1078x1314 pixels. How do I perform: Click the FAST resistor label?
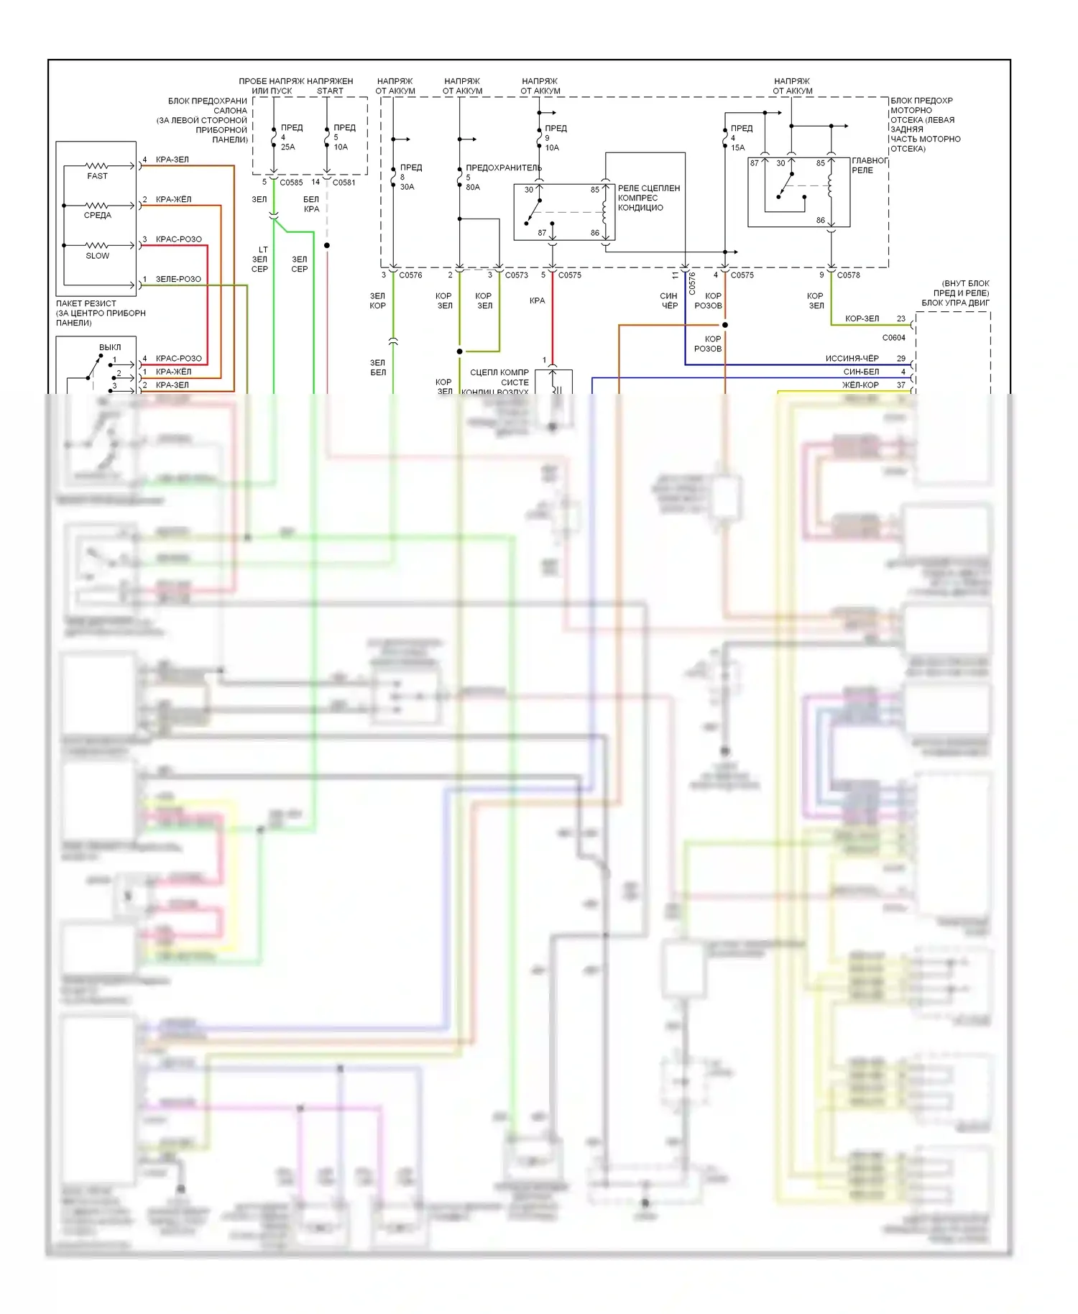97,176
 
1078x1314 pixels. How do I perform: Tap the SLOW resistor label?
97,256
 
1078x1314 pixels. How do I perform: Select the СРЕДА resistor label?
97,216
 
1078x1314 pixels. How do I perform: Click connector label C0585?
291,183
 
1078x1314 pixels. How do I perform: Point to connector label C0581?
344,183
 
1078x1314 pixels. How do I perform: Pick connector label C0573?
516,275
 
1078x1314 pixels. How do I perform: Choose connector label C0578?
848,275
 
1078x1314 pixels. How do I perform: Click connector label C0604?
893,338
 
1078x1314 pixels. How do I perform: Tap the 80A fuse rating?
473,187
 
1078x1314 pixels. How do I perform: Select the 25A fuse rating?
287,147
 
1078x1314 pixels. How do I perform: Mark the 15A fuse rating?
738,148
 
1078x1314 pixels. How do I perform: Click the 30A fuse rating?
407,187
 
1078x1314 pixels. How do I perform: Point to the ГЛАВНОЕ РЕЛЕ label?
869,165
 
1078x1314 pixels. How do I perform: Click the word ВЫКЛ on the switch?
110,347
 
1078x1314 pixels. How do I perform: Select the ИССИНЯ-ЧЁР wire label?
852,358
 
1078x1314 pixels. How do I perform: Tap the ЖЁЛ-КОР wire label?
860,385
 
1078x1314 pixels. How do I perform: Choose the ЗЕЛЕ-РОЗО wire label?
178,279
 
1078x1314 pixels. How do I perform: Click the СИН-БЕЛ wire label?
861,372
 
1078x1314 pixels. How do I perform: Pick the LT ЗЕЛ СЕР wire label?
259,259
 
